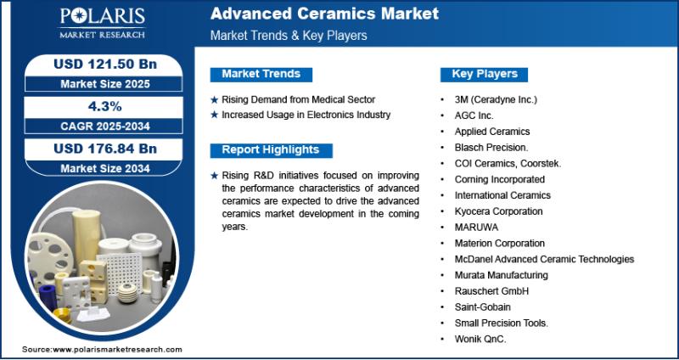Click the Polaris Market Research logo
[x=102, y=23]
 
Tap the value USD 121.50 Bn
[x=105, y=65]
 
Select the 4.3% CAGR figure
[x=104, y=107]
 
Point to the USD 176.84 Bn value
[x=105, y=149]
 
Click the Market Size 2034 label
[x=105, y=168]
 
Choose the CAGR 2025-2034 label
[x=105, y=126]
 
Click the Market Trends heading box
[x=261, y=74]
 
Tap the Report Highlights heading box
[x=271, y=150]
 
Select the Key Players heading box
[x=484, y=74]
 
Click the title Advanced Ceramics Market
[x=324, y=14]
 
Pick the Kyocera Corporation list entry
[x=498, y=211]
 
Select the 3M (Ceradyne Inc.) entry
[x=496, y=99]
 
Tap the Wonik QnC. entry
[x=480, y=340]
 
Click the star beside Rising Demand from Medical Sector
[x=215, y=100]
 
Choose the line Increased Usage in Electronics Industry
[x=306, y=115]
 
